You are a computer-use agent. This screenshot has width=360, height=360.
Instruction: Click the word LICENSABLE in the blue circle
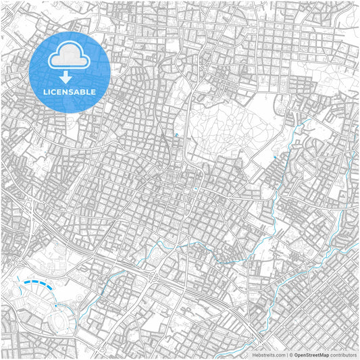pyautogui.click(x=70, y=92)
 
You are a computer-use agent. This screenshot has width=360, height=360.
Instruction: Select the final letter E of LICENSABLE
pyautogui.click(x=94, y=92)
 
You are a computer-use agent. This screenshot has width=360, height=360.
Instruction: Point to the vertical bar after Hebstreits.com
pyautogui.click(x=286, y=354)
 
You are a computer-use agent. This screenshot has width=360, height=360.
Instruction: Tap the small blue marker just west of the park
pyautogui.click(x=176, y=135)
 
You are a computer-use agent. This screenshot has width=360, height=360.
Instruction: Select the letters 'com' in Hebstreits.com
pyautogui.click(x=279, y=354)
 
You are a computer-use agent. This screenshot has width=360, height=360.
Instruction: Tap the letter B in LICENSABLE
pyautogui.click(x=83, y=92)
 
